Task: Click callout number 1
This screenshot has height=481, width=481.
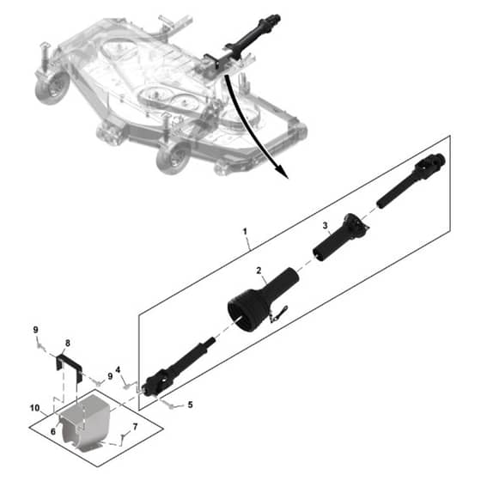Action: [245, 232]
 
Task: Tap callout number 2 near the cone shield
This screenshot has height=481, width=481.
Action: [259, 271]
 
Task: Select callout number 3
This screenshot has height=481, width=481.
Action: [326, 226]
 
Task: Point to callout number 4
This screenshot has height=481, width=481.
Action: [119, 370]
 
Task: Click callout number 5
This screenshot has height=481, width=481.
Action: [190, 405]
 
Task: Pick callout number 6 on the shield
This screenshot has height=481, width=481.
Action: [53, 431]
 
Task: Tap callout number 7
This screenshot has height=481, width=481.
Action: [135, 427]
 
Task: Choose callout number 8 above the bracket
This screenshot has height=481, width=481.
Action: [68, 344]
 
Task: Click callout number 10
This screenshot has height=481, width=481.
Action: [34, 408]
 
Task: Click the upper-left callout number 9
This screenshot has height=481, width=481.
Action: [35, 330]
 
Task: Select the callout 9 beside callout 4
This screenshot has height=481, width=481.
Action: [110, 376]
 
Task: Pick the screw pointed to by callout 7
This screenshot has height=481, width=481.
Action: [123, 435]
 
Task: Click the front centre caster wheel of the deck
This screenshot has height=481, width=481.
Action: [173, 159]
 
